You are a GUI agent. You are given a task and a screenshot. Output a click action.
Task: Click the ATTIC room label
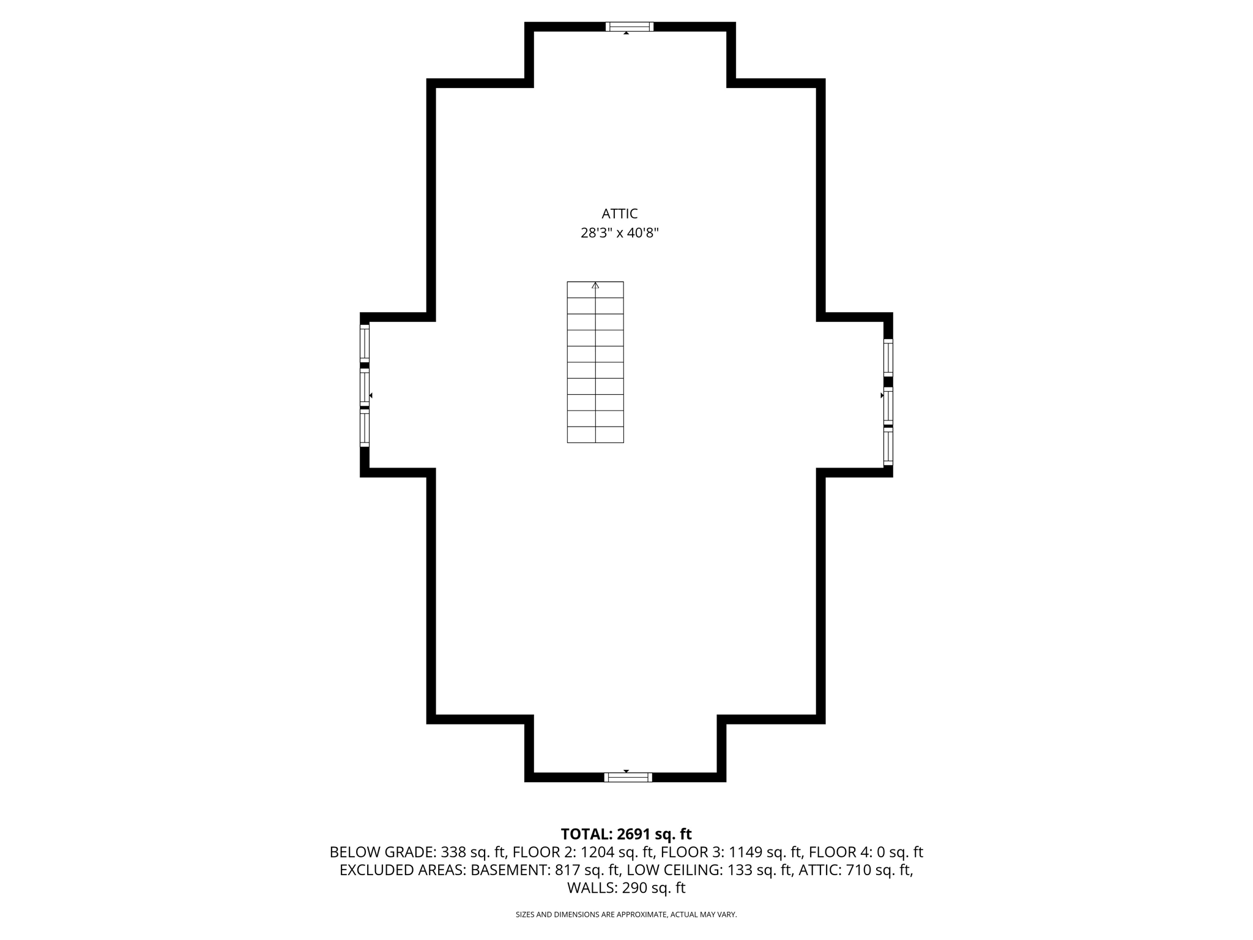click(x=619, y=214)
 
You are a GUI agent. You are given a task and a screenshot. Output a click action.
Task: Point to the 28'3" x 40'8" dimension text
click(x=619, y=233)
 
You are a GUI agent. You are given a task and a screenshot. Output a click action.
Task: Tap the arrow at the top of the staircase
click(x=595, y=285)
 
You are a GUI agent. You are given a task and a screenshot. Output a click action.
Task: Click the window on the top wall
click(x=630, y=26)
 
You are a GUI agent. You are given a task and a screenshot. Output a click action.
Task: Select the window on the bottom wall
click(x=628, y=777)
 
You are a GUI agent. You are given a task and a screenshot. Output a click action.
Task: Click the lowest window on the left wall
click(x=365, y=428)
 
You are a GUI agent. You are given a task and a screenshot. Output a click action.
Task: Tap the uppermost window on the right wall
click(x=888, y=357)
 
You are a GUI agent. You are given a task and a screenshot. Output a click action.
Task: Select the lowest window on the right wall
click(x=888, y=448)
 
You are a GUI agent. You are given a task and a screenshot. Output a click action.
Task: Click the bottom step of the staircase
click(x=595, y=435)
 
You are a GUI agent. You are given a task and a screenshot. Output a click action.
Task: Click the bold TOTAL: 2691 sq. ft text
click(x=626, y=834)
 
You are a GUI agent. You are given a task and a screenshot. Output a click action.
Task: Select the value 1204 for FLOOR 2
click(x=597, y=852)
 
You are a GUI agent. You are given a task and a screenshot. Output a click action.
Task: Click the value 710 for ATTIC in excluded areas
click(x=858, y=870)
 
